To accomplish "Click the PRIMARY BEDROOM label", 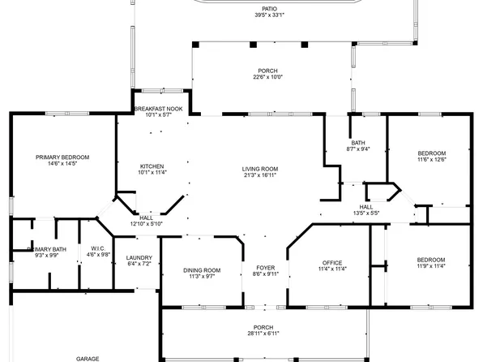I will pyautogui.click(x=62, y=157).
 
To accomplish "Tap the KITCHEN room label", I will pyautogui.click(x=152, y=166).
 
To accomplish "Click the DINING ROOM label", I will pyautogui.click(x=202, y=270).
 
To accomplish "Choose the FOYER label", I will pyautogui.click(x=266, y=268).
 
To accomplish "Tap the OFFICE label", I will pyautogui.click(x=332, y=262).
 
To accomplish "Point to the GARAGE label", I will pyautogui.click(x=88, y=358).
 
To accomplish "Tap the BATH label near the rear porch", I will pyautogui.click(x=357, y=143).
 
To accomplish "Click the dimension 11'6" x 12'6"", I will pyautogui.click(x=431, y=159).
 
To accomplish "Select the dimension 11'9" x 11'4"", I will pyautogui.click(x=431, y=265).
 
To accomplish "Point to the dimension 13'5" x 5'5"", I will pyautogui.click(x=366, y=213).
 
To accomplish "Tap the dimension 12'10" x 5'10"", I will pyautogui.click(x=147, y=223).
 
